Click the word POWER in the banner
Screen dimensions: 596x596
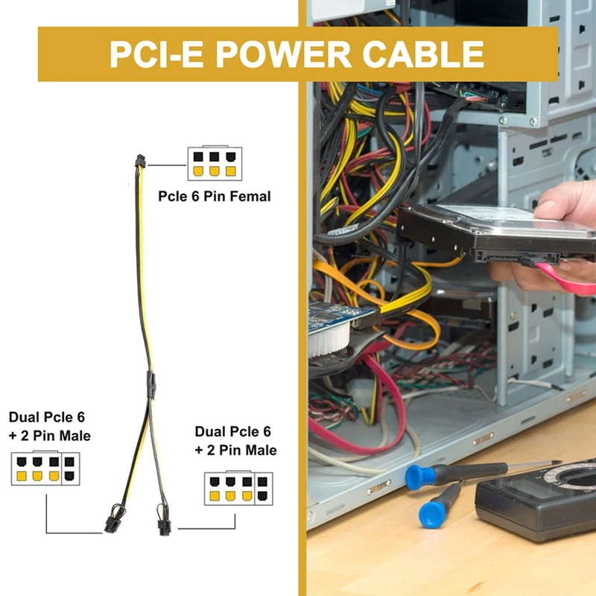tap(297, 54)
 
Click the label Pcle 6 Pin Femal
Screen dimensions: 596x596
tap(215, 197)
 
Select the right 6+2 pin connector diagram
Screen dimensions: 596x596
tap(238, 489)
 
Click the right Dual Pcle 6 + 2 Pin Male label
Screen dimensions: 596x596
tap(235, 441)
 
